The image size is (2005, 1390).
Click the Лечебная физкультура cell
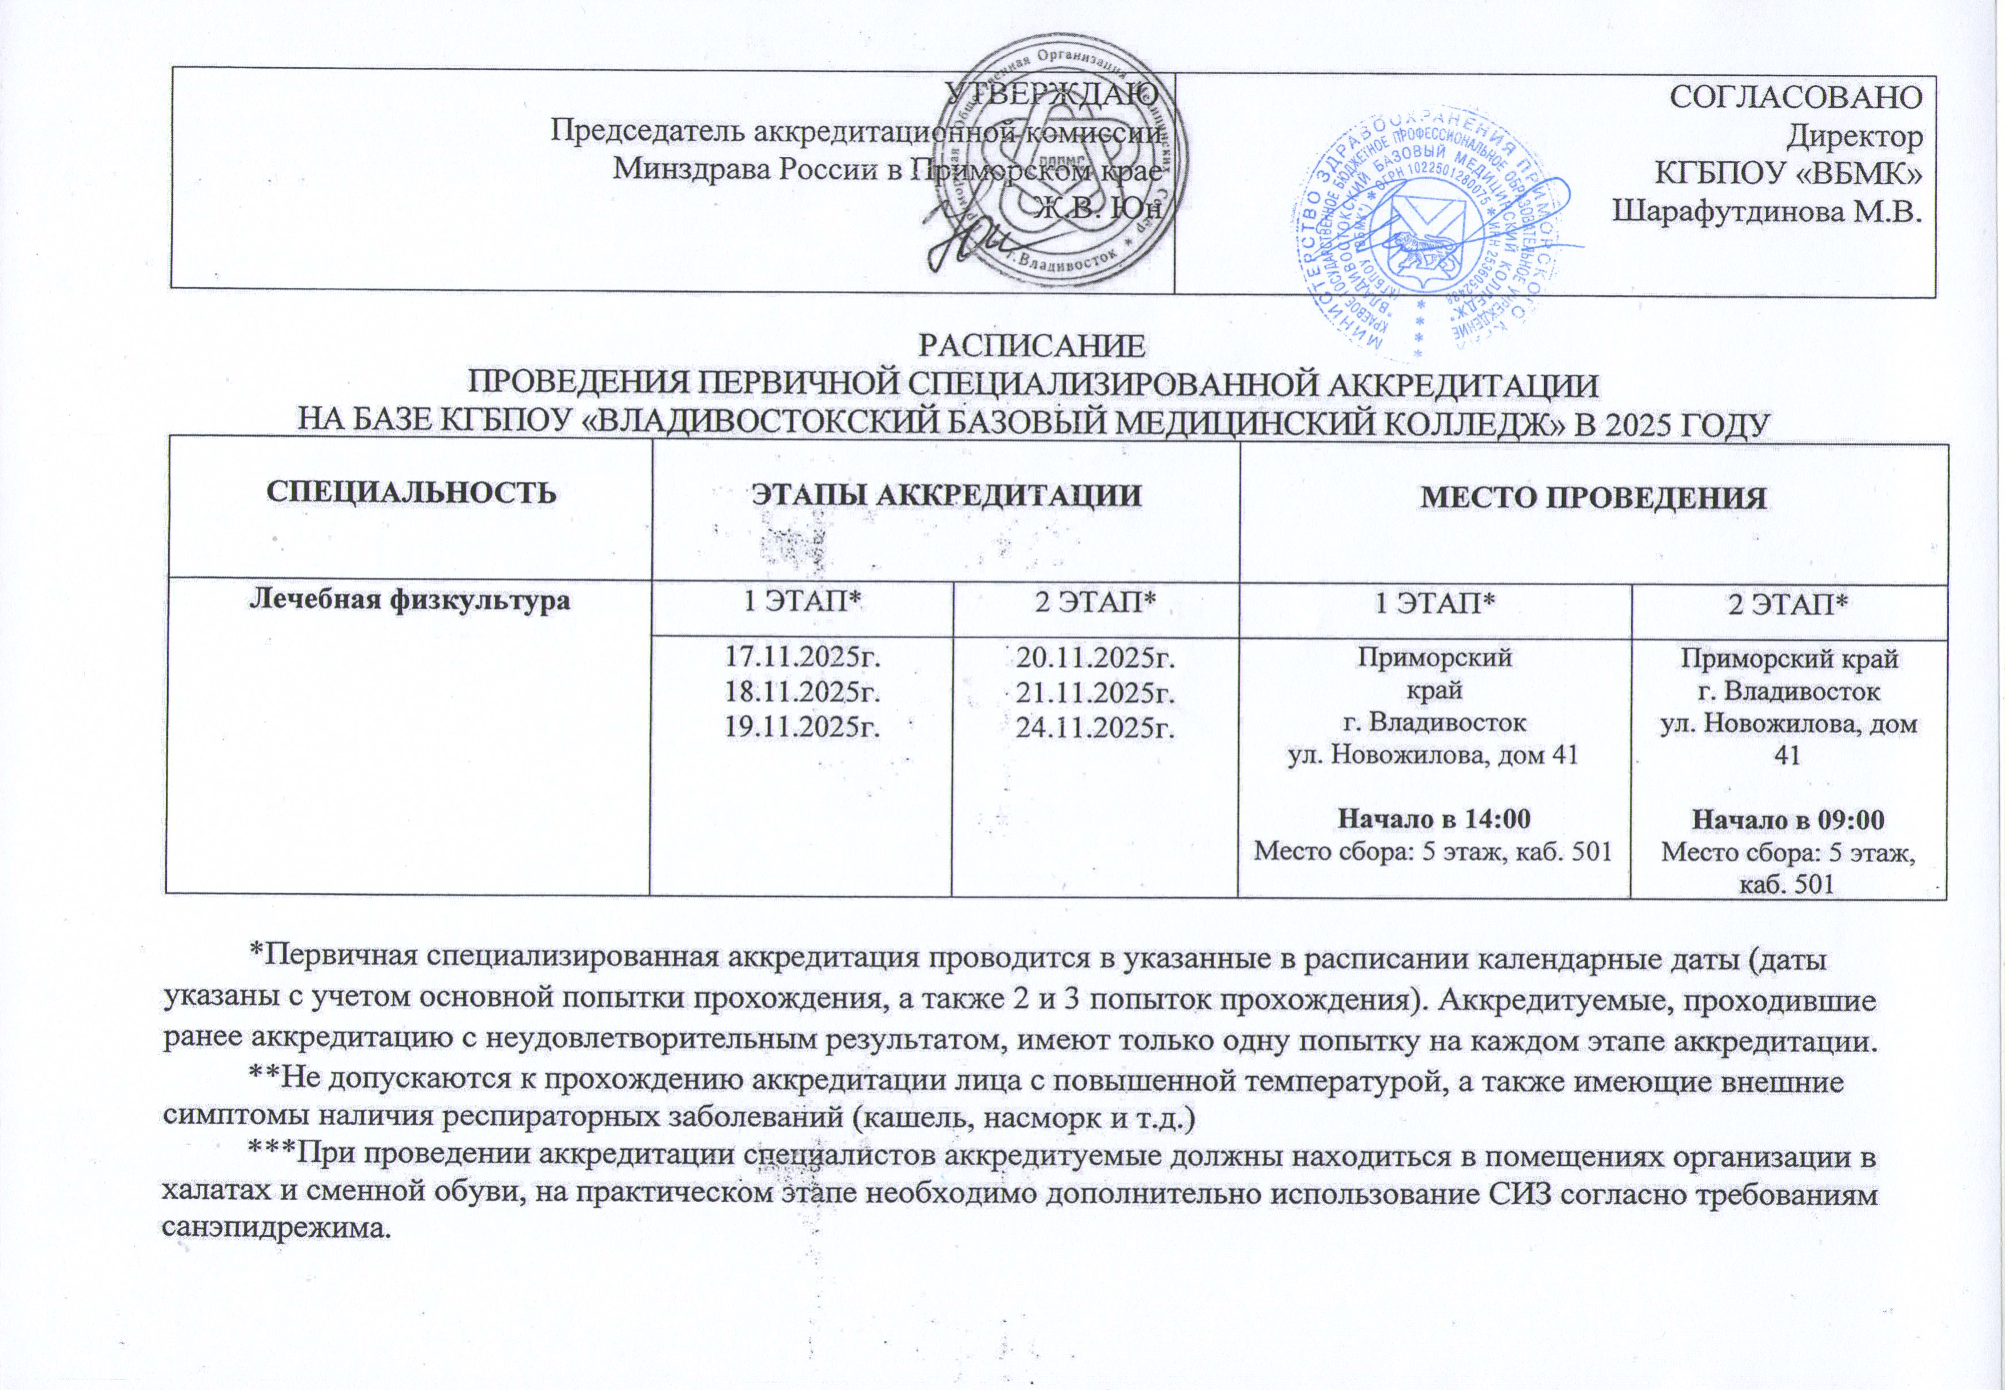[411, 600]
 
